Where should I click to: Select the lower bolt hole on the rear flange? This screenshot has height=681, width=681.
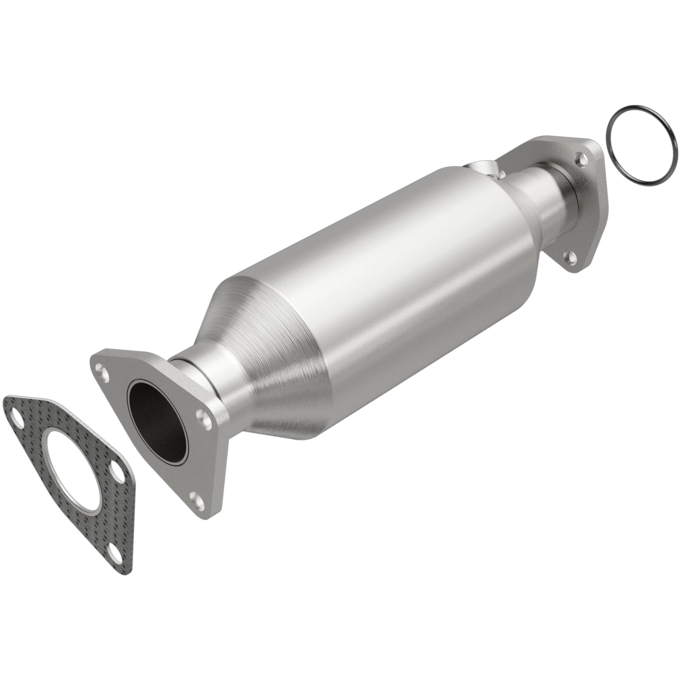[x=572, y=257]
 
